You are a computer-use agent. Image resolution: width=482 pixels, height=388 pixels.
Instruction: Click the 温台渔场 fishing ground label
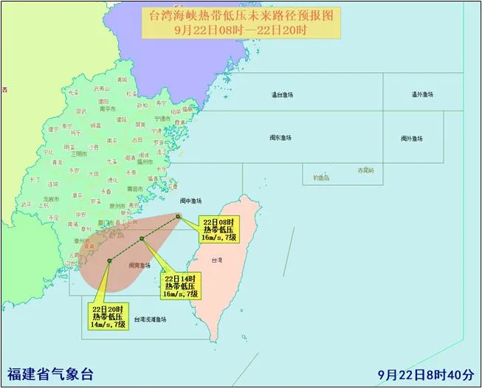click(x=282, y=94)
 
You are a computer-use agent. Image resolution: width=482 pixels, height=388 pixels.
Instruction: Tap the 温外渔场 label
click(x=422, y=94)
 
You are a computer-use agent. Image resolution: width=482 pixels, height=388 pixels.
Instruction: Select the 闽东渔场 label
click(x=280, y=138)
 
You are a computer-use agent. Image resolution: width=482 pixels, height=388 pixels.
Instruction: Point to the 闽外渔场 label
click(x=412, y=138)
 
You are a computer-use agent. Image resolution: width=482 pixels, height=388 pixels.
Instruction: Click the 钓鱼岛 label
click(x=320, y=178)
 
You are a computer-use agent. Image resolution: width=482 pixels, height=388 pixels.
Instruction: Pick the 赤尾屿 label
click(x=366, y=170)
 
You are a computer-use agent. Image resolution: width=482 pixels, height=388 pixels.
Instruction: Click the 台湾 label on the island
click(x=216, y=260)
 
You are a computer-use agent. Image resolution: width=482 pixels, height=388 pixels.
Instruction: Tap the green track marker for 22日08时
click(x=178, y=216)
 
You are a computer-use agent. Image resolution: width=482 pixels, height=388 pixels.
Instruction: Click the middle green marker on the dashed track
click(x=141, y=238)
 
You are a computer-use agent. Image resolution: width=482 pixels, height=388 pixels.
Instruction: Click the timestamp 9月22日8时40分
click(x=428, y=373)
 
